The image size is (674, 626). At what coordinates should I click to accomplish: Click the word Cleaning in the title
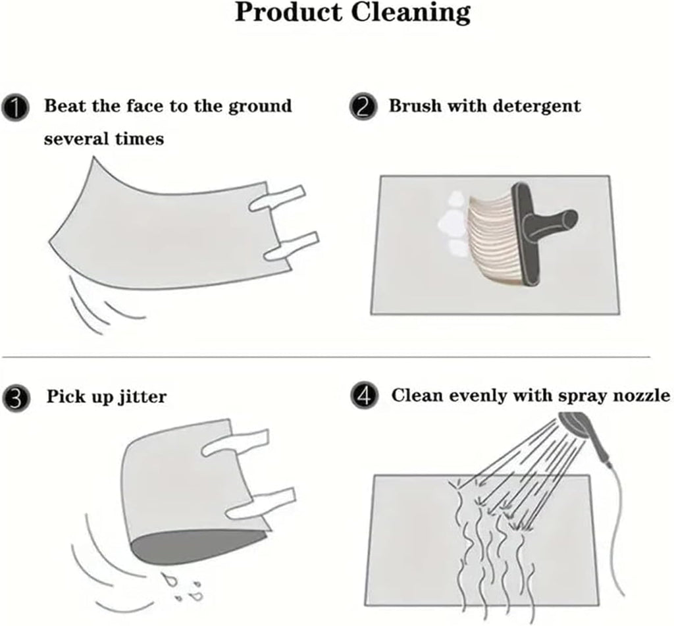tap(411, 13)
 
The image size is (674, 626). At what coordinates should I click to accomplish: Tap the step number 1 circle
tap(16, 109)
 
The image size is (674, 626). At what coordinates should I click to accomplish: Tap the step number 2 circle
tap(363, 107)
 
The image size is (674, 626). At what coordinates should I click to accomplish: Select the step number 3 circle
tap(16, 398)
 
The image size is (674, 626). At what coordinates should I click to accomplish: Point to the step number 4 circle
tap(365, 396)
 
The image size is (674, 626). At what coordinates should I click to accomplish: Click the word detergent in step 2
tap(536, 107)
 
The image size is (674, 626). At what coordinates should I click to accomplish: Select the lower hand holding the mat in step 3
tap(261, 503)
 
